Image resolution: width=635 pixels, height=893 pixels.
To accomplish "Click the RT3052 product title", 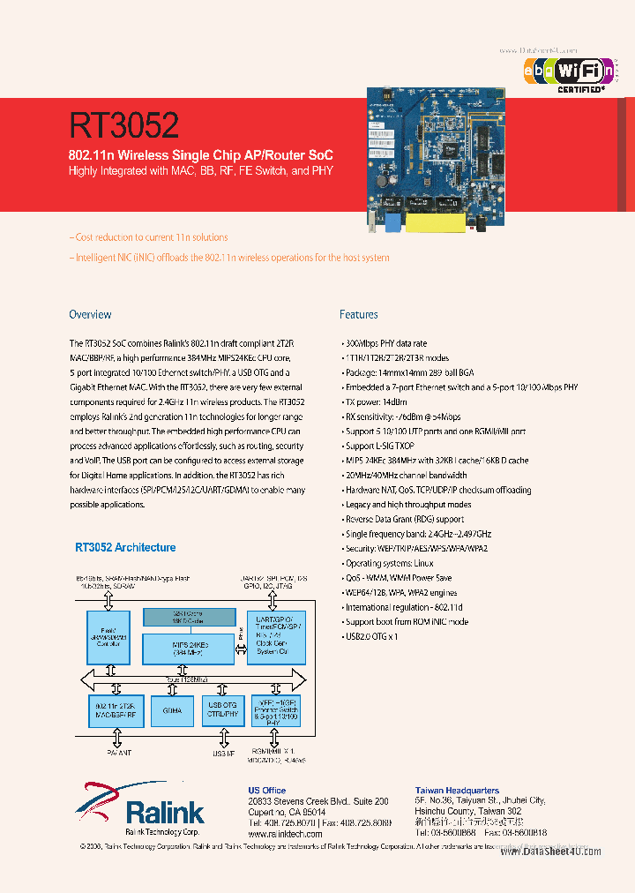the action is pos(124,124).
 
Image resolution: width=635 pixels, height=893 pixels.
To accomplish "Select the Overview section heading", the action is pos(90,314).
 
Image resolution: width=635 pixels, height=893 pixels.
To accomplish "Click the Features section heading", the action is pos(359,314).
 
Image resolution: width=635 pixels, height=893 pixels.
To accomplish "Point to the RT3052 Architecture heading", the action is pos(124,547).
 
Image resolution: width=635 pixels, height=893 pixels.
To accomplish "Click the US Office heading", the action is pos(267,791).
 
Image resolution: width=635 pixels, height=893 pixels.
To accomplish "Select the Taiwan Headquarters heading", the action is pos(457,791).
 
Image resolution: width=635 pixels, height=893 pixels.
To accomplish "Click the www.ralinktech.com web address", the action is pos(283,834).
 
